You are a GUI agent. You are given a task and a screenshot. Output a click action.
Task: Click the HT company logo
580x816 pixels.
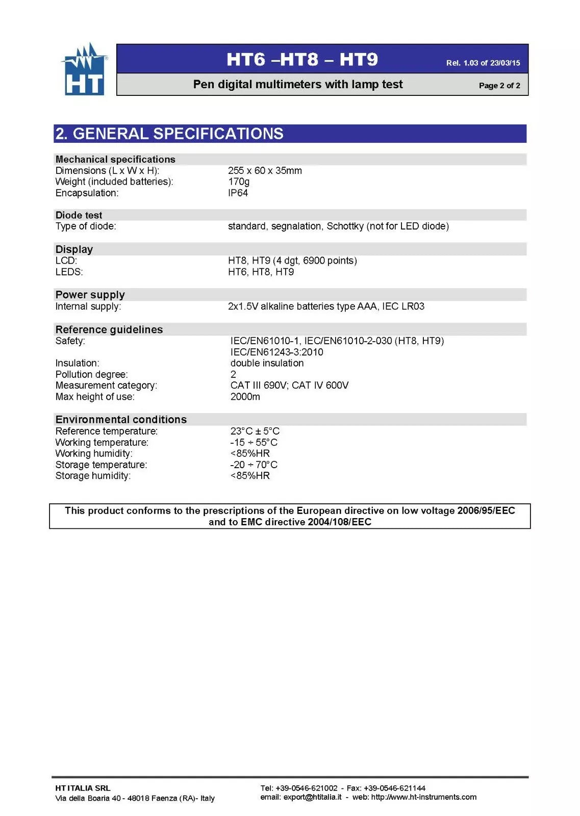point(85,70)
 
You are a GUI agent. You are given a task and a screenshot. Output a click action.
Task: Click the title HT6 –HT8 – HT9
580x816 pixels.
point(302,60)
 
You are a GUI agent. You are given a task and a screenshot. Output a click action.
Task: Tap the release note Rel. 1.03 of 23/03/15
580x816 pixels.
point(483,63)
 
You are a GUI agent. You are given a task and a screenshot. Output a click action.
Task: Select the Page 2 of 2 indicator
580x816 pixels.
point(499,85)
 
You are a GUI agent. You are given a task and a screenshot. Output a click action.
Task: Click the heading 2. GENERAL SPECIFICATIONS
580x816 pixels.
point(169,134)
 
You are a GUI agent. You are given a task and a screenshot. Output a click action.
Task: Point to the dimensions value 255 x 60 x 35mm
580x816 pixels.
point(265,170)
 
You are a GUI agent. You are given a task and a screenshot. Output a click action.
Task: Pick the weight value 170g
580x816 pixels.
point(239,182)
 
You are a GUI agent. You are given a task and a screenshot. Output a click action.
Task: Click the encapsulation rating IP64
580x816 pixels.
point(238,193)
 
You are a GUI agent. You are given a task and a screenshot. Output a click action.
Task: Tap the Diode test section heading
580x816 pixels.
point(79,215)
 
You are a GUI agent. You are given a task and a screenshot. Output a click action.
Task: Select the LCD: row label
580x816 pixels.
point(66,261)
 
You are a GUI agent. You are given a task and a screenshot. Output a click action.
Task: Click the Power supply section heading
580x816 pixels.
point(90,295)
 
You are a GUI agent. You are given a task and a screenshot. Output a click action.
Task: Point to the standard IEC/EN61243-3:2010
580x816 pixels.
point(276,352)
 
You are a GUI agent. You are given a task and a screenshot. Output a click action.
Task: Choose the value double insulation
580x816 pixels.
point(267,363)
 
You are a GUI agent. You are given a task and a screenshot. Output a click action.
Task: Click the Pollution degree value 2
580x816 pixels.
point(233,374)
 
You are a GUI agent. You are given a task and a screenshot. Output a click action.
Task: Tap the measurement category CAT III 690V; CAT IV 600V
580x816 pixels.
point(289,385)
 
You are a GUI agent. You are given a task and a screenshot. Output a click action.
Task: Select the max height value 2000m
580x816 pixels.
point(245,396)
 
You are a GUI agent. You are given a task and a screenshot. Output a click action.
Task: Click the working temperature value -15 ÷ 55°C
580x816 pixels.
point(254,442)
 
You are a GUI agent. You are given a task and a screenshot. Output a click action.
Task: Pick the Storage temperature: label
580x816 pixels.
point(101,465)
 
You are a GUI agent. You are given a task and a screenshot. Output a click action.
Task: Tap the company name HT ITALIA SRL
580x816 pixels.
point(83,788)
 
